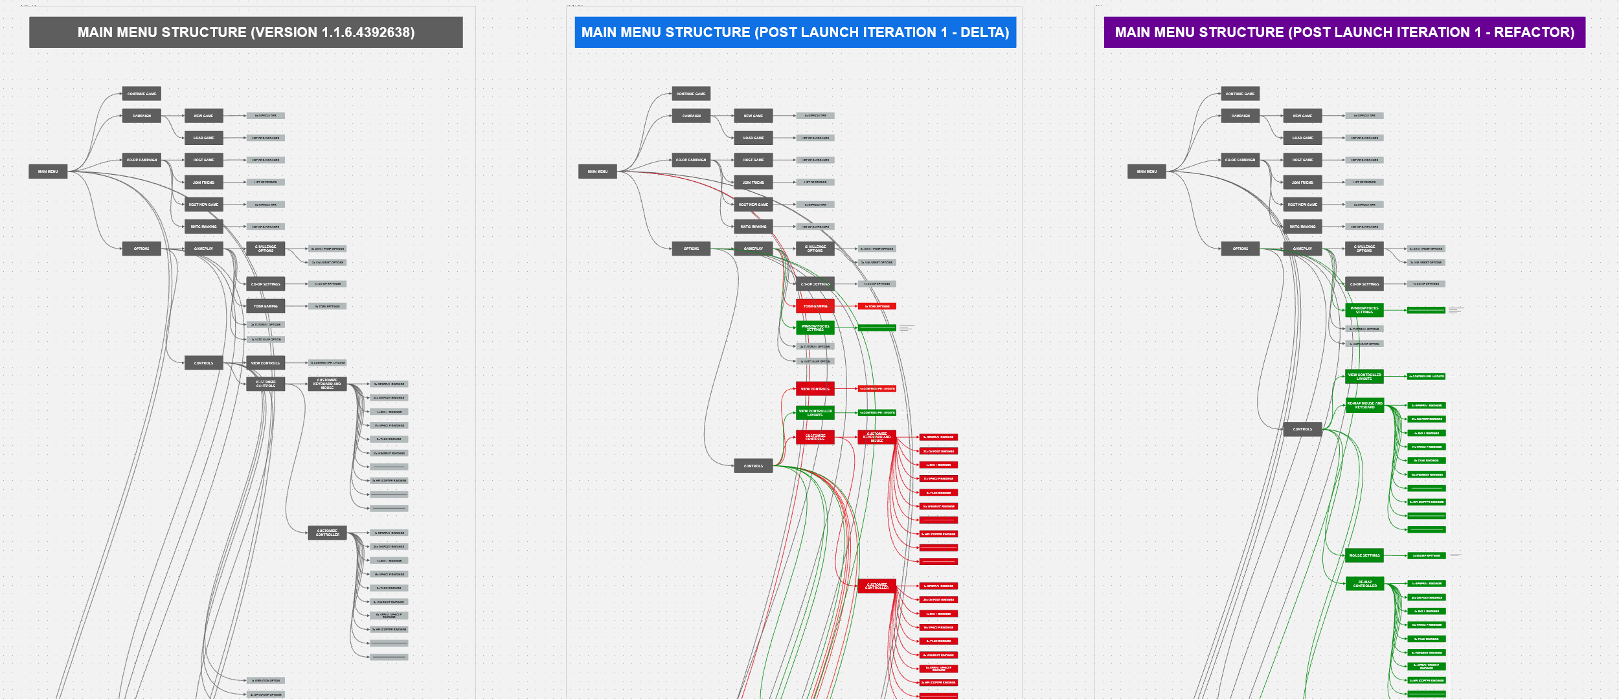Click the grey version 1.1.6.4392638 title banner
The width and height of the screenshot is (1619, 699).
click(246, 32)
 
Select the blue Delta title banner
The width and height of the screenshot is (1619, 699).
click(795, 32)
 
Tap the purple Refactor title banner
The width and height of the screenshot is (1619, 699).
click(1344, 32)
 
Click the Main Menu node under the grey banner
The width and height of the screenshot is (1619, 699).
click(48, 172)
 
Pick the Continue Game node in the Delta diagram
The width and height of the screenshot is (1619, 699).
click(691, 94)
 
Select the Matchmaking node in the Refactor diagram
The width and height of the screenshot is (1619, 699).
click(1302, 227)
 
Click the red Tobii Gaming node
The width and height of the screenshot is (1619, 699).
click(815, 306)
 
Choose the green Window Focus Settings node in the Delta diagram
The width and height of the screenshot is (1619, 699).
click(815, 328)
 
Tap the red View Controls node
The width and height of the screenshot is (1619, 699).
click(815, 389)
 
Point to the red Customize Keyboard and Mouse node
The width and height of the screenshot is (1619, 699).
click(877, 438)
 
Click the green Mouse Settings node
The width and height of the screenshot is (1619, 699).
click(1364, 555)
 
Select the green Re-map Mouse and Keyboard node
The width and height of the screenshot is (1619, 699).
click(1364, 405)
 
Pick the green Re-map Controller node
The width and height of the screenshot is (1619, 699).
click(1364, 584)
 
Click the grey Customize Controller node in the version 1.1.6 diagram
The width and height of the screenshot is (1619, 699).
click(327, 533)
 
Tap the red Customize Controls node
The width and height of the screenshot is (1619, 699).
click(815, 438)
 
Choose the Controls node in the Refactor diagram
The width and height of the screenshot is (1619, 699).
click(1302, 429)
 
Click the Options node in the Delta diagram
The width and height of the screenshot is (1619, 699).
click(691, 249)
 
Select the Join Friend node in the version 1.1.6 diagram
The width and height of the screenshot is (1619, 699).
click(203, 183)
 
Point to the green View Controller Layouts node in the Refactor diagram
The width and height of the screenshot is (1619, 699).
click(1364, 376)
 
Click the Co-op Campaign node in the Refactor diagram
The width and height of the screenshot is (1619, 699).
click(1240, 160)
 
